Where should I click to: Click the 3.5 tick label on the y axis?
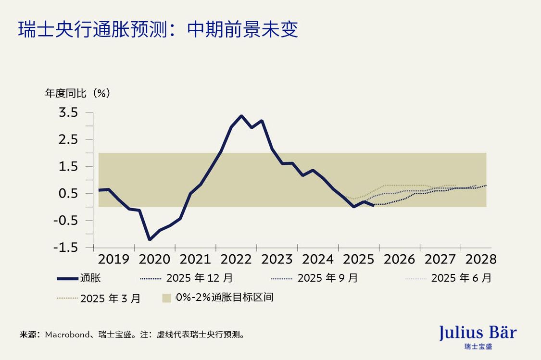[68, 113]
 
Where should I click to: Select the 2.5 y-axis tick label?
[68, 140]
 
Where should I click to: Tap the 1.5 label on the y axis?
[68, 167]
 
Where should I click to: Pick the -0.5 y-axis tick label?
[65, 221]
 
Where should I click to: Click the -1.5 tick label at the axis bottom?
[65, 248]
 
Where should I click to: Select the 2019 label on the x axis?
[113, 260]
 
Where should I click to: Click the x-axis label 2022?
[236, 260]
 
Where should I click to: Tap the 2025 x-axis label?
[359, 260]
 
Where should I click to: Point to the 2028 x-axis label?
[481, 260]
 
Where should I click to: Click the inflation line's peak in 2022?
[241, 116]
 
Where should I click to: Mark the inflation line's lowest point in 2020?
[150, 239]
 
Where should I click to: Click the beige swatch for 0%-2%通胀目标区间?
[166, 298]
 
